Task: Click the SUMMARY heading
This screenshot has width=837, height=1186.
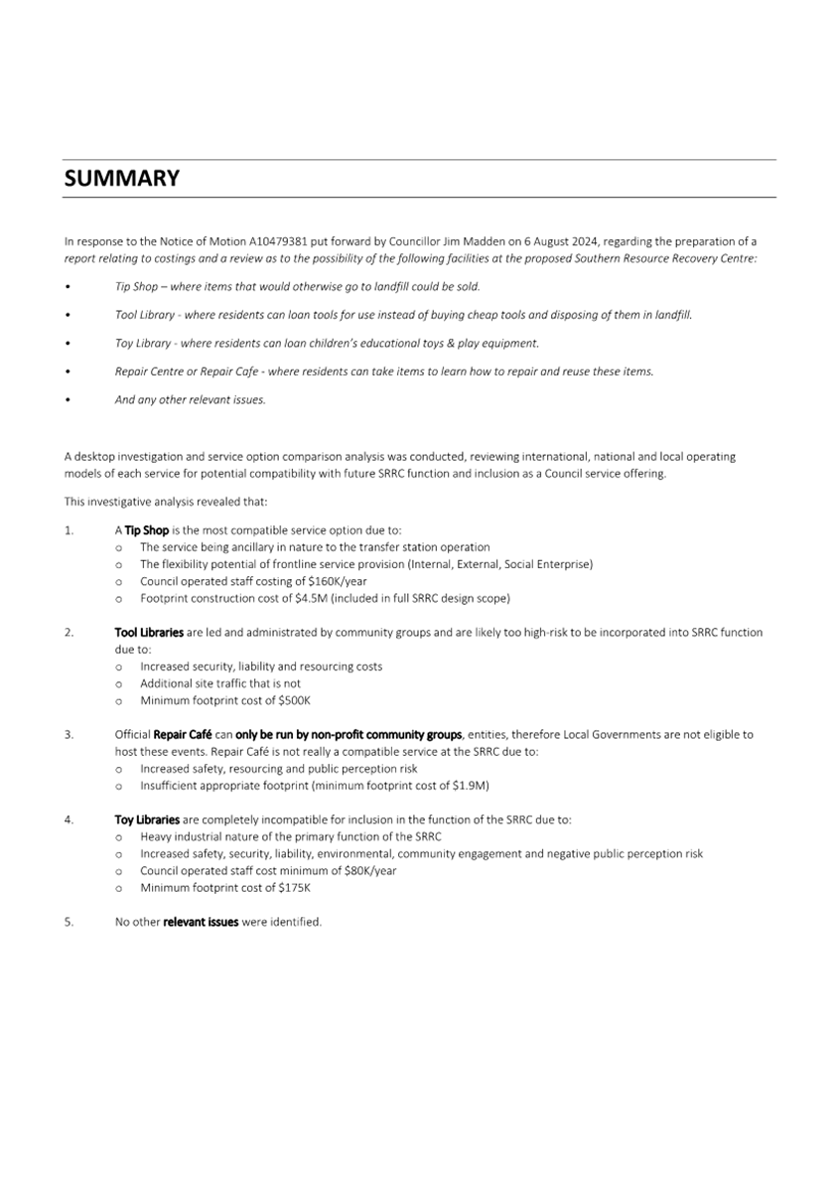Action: pyautogui.click(x=122, y=179)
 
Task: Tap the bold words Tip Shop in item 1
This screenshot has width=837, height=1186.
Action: pyautogui.click(x=147, y=530)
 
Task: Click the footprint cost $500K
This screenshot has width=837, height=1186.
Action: pyautogui.click(x=293, y=700)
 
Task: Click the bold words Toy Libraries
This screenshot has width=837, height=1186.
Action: pyautogui.click(x=147, y=819)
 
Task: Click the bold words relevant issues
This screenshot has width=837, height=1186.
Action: pyautogui.click(x=201, y=922)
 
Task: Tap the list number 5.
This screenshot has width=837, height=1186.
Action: pyautogui.click(x=69, y=922)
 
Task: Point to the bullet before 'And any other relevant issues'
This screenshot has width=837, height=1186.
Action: pyautogui.click(x=68, y=400)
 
